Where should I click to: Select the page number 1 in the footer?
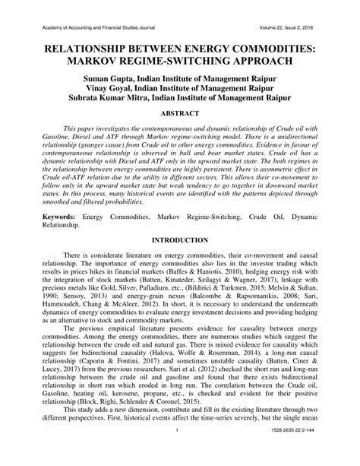[x=175, y=454]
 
